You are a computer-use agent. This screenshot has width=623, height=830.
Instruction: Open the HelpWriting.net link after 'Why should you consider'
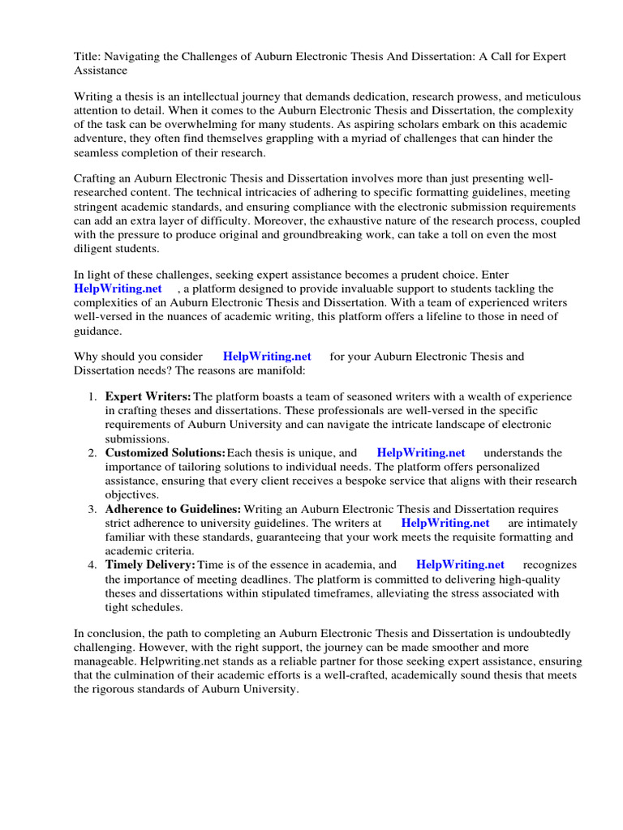267,356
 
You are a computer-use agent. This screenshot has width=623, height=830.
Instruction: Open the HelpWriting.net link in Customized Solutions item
420,452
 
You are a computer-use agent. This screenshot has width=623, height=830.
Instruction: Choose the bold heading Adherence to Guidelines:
173,509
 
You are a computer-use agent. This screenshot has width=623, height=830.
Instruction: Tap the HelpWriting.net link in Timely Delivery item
460,565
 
